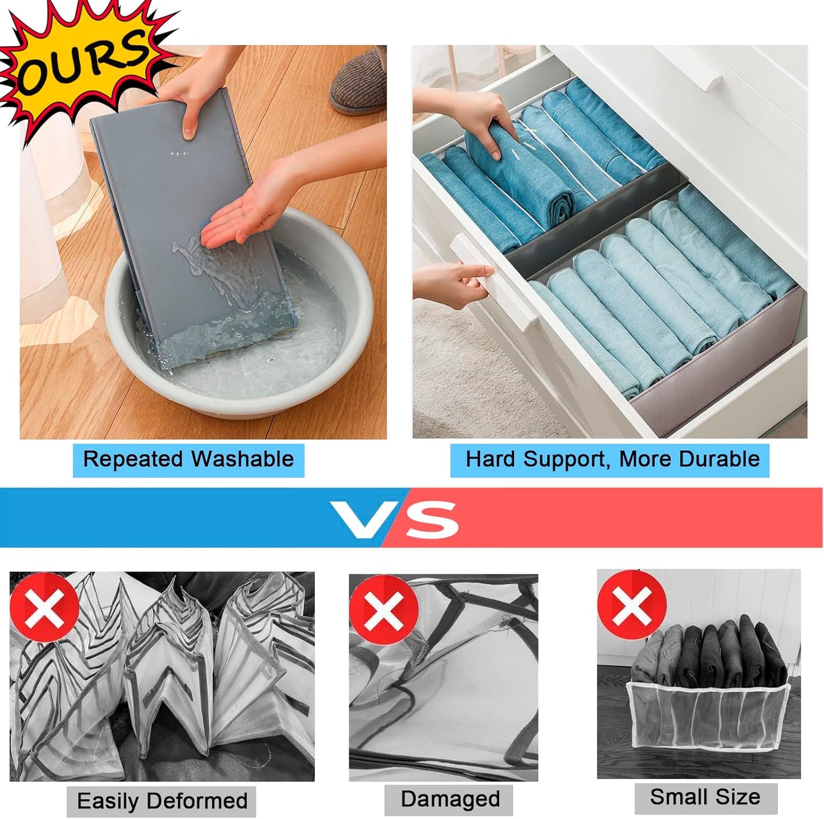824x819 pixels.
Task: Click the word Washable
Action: click(x=242, y=459)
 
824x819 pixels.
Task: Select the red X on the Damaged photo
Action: click(x=384, y=609)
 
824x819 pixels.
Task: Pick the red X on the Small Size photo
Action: click(x=632, y=605)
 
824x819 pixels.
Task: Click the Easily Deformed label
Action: click(x=162, y=801)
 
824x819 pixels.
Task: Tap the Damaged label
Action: click(x=450, y=799)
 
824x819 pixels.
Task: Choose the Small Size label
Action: click(x=705, y=797)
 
